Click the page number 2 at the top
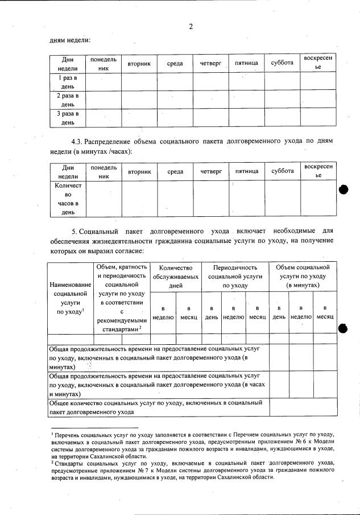[x=191, y=26]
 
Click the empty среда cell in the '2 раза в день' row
[x=175, y=99]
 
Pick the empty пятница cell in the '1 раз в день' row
[x=247, y=81]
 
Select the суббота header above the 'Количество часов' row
[x=282, y=171]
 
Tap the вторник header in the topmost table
[x=139, y=64]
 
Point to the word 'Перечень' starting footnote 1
[x=68, y=434]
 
